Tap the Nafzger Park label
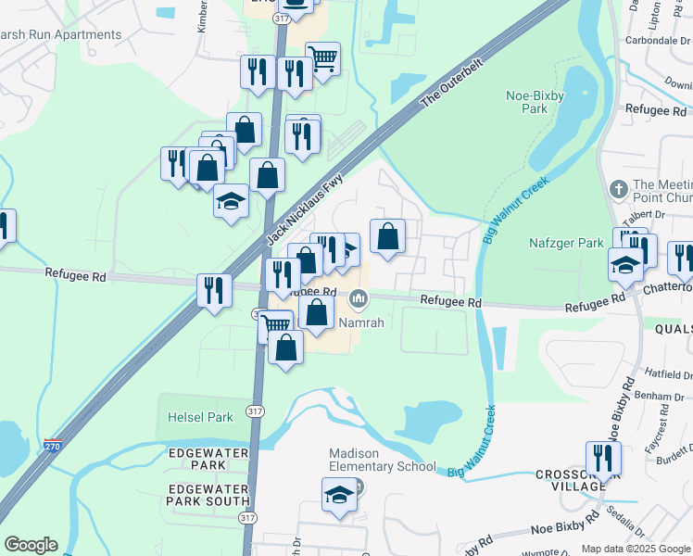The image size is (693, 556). pyautogui.click(x=567, y=243)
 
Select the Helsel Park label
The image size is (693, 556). pyautogui.click(x=200, y=417)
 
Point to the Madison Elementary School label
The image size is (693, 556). pyautogui.click(x=383, y=460)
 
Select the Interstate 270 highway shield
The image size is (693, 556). pyautogui.click(x=54, y=445)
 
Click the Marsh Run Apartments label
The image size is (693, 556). pyautogui.click(x=61, y=35)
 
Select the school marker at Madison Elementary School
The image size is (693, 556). pyautogui.click(x=339, y=496)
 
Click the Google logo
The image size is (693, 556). pyautogui.click(x=31, y=545)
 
